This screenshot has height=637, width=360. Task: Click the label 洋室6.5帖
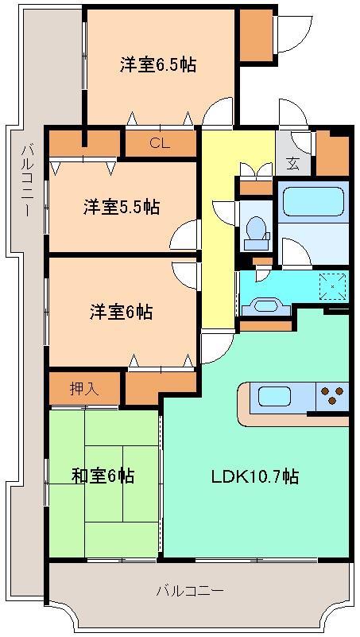(x=158, y=64)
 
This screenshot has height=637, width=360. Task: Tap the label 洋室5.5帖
(x=122, y=207)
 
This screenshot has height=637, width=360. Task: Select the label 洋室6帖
(x=121, y=312)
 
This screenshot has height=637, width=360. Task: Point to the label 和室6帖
(x=103, y=476)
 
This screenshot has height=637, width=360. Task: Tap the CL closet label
(x=160, y=144)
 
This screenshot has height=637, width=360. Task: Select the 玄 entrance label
(x=293, y=165)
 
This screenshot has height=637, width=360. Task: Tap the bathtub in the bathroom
(x=313, y=202)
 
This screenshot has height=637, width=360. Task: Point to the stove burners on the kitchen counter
(x=333, y=394)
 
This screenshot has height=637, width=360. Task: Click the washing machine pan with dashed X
(x=331, y=285)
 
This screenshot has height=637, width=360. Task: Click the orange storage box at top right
(x=256, y=36)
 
